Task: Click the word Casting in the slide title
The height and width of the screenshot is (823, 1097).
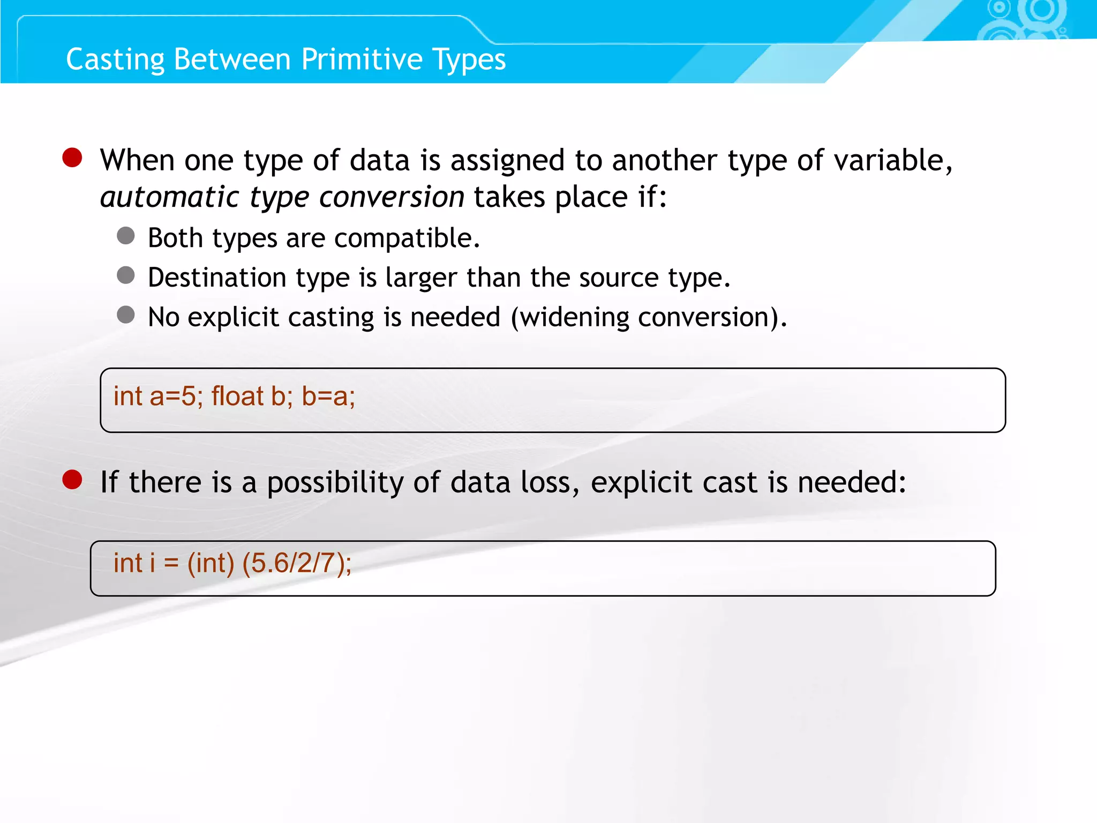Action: tap(115, 59)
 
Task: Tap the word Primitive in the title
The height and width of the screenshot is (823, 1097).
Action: tap(362, 59)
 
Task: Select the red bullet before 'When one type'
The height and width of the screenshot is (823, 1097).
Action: tap(72, 158)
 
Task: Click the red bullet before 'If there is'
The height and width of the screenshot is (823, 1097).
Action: tap(72, 480)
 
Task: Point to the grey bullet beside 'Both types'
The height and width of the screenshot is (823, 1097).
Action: tap(126, 236)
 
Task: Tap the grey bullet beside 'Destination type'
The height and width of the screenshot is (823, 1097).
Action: tap(126, 275)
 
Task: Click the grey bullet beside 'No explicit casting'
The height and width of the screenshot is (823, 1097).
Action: tap(126, 315)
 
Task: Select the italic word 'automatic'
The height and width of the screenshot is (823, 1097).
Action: tap(169, 197)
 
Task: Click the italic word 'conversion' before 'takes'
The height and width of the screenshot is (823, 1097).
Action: tap(392, 197)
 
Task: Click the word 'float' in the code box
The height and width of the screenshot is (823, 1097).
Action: tap(237, 397)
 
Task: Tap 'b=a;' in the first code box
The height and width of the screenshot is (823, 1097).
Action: tap(328, 397)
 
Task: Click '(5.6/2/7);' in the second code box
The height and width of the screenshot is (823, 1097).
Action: tap(297, 564)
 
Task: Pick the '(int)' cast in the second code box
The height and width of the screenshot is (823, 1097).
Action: tap(211, 564)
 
